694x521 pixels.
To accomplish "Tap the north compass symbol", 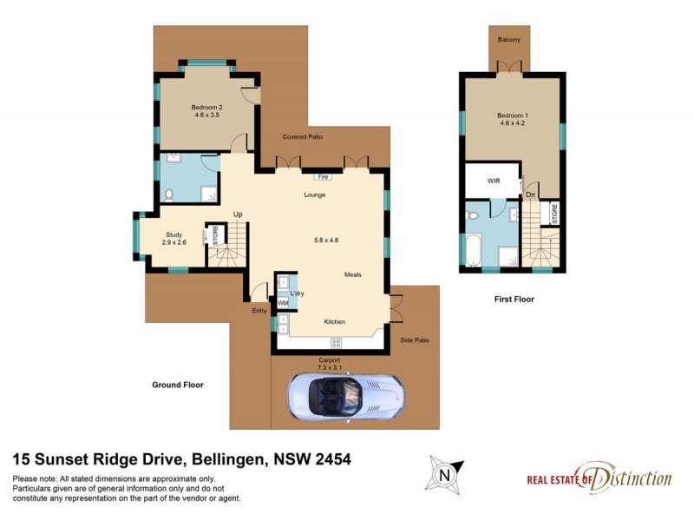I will pos(445,475).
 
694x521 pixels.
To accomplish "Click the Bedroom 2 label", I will pos(207,109).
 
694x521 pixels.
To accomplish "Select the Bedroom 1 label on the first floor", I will pos(512,118).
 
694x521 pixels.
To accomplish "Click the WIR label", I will pos(494,181).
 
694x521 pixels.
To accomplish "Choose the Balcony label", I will pos(509,40).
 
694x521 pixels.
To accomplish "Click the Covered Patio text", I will pos(303,137).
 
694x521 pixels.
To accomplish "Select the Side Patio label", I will pos(415,340).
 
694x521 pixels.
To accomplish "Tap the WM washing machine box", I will pos(282,303).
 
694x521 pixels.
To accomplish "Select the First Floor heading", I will pos(513,300).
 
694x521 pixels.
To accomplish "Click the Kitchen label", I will pos(335,321).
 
